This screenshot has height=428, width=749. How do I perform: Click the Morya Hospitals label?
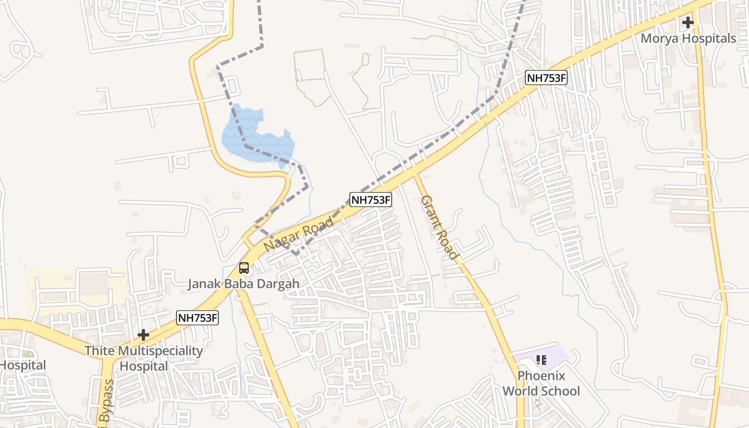(688, 39)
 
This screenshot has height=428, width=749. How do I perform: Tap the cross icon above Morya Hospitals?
(687, 23)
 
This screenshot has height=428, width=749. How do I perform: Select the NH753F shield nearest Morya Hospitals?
(546, 78)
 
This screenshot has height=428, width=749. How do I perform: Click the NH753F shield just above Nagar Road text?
(371, 200)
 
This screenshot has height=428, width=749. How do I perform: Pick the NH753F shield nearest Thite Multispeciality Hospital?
(198, 318)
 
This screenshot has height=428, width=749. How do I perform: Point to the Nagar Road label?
(299, 234)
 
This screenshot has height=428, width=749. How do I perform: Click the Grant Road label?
(439, 227)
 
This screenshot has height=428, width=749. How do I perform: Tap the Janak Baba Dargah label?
(243, 284)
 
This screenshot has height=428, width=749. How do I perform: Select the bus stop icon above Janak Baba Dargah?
(244, 268)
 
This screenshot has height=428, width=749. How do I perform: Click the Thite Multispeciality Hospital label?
(144, 358)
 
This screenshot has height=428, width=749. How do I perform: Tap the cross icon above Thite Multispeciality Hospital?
(143, 335)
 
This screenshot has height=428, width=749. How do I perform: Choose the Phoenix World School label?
(541, 383)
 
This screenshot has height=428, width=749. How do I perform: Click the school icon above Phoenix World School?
(541, 360)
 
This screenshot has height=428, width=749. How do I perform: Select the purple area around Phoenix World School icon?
(556, 354)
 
